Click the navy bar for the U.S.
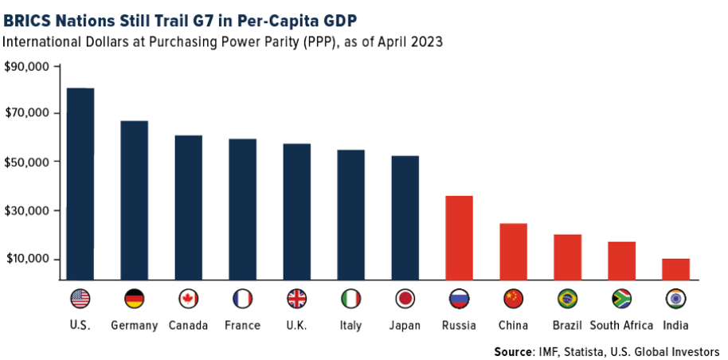coord(80,183)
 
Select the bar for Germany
coord(134,200)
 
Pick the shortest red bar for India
coord(675,268)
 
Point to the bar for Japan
coord(405,217)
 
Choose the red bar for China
coord(513,251)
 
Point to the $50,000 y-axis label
coord(27,162)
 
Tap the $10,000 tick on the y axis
coord(27,260)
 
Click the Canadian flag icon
coord(189,299)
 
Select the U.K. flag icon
coord(296,299)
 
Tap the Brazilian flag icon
coord(567,299)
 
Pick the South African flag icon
coord(621,299)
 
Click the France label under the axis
coord(242,325)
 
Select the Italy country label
coord(350,325)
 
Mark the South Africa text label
coord(621,325)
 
